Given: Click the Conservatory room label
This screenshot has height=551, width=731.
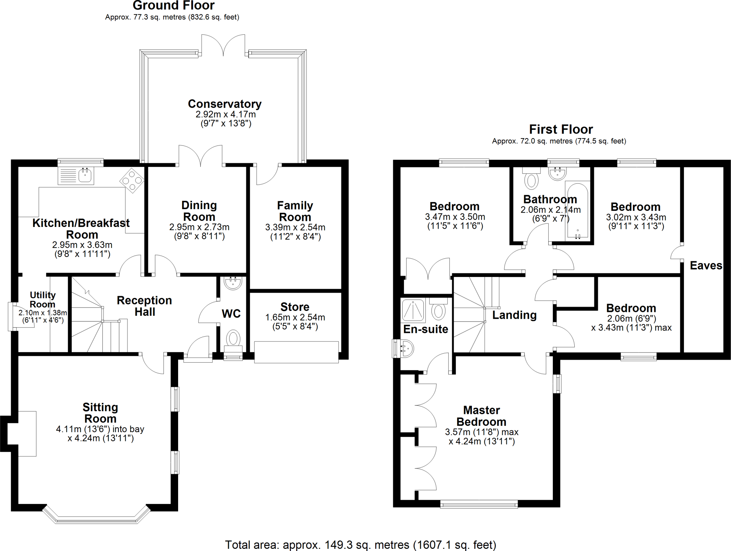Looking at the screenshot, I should click(225, 104).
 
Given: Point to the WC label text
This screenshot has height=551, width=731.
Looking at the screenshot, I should click(231, 314).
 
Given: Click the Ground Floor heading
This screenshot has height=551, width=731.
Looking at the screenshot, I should click(173, 5).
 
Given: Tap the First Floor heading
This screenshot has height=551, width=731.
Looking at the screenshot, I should click(561, 129).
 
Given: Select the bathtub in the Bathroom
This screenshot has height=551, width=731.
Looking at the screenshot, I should click(577, 211).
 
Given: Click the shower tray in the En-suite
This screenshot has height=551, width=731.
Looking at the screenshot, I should click(413, 310).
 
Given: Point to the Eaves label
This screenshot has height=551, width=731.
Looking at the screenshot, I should click(706, 266).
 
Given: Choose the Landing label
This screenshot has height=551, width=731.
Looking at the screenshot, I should click(514, 315).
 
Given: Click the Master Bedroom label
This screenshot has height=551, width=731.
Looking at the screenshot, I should click(482, 416).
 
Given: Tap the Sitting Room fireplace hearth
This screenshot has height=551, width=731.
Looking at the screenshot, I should click(27, 433).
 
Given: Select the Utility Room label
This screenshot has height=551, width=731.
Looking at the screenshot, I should click(42, 299).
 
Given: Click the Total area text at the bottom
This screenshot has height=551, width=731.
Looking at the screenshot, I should click(361, 545).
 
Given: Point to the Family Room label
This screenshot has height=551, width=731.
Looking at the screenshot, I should click(295, 211).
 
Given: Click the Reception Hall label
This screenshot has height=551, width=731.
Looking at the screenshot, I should click(145, 306).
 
